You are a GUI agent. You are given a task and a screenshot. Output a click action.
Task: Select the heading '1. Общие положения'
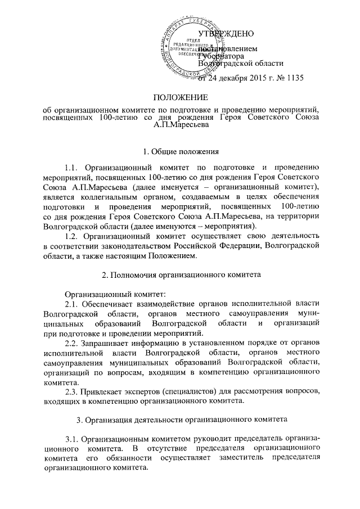(180, 151)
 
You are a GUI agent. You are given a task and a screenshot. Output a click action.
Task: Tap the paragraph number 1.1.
(74, 168)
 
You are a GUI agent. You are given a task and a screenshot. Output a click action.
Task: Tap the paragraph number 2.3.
(74, 390)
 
